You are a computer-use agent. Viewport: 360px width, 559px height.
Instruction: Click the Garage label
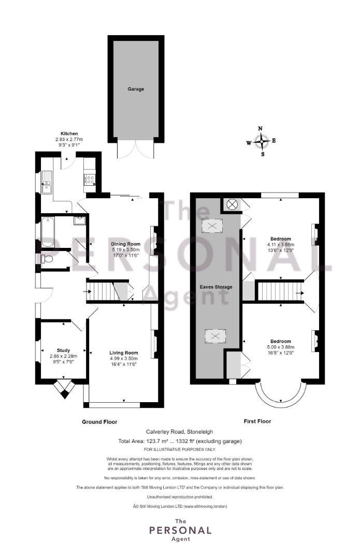(136, 89)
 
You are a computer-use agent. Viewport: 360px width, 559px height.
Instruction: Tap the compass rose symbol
(262, 141)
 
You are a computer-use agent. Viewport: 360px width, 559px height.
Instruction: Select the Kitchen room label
(69, 134)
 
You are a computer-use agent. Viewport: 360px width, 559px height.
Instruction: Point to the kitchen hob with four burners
(90, 179)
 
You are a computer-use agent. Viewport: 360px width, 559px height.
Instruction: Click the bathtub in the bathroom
(48, 232)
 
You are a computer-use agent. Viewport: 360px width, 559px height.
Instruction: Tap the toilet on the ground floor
(47, 258)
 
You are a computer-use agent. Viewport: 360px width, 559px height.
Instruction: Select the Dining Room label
(125, 244)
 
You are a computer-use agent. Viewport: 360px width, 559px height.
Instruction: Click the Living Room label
(123, 353)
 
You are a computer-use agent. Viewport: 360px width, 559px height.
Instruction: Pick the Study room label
(64, 350)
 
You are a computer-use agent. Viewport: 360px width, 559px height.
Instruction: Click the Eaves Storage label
(216, 287)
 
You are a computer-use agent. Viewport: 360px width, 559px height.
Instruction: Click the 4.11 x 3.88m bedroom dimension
(280, 244)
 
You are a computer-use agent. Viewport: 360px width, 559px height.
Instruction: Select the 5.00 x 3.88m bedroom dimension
(280, 347)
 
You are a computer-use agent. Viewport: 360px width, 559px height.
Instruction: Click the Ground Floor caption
(99, 422)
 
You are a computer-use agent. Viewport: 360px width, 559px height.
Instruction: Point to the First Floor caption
(257, 421)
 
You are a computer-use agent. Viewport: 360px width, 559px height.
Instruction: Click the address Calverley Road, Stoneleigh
(179, 432)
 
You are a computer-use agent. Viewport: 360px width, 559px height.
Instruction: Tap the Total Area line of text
(180, 441)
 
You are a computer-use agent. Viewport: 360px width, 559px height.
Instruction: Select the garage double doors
(136, 150)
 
